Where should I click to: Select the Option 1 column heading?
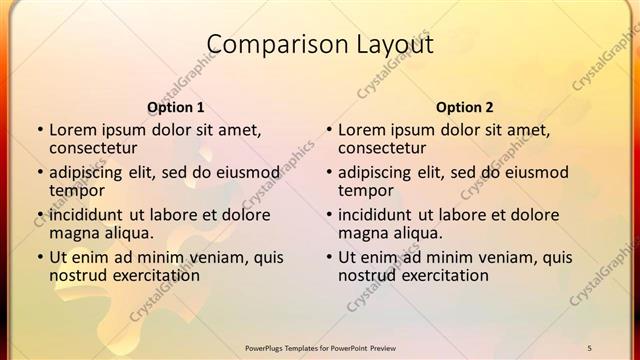tap(176, 107)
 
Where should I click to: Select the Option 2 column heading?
tap(465, 107)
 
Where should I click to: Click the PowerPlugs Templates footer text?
tap(321, 347)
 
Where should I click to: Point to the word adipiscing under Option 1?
tap(91, 172)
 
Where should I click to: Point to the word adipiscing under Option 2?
tap(380, 172)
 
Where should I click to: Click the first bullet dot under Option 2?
tap(328, 130)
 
